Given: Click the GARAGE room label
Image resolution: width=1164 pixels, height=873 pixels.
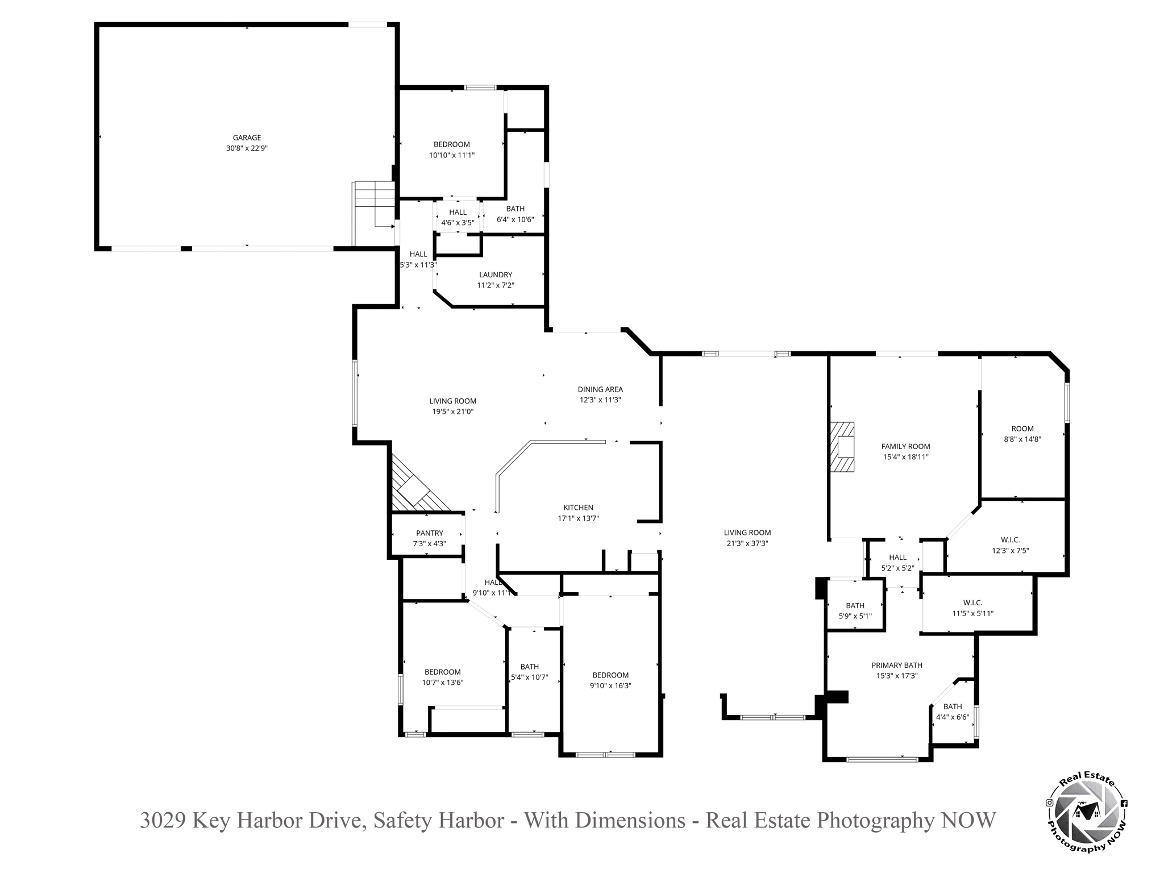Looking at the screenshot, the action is coord(247,138).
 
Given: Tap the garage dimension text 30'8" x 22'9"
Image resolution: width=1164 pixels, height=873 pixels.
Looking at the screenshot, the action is coord(247,148).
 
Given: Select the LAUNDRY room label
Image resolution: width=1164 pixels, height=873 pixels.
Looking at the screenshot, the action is coord(496,275).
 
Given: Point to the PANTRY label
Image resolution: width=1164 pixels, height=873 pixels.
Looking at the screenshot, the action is coord(430,533).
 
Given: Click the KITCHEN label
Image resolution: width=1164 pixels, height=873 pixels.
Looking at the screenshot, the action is coord(578,508).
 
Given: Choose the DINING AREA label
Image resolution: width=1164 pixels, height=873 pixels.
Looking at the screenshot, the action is coord(600,389).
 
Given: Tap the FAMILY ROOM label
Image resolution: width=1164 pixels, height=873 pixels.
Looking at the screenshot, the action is coord(905,447).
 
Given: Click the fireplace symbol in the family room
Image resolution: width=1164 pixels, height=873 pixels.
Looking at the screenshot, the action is coord(842,447).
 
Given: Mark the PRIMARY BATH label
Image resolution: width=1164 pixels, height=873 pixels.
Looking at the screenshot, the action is coord(897,666).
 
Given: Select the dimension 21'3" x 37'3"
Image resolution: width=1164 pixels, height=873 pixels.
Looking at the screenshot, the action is coord(747,543).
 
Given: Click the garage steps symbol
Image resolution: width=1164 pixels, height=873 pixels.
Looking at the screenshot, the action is coord(374,214).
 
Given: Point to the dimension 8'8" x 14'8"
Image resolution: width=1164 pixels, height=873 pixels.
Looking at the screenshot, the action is coord(1022,439).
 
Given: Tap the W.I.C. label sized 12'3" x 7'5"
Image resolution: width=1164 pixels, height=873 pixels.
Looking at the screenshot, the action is coord(1011,540).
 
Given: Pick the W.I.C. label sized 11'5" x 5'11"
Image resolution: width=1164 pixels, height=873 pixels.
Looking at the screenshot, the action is coord(972,603).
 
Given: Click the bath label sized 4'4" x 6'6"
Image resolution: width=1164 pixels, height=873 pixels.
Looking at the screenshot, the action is coord(953,707).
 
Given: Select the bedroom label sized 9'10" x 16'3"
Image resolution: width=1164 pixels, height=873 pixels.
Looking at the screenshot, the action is coord(610,675).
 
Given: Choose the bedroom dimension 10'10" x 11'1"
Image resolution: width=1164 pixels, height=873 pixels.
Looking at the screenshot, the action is coord(452,155).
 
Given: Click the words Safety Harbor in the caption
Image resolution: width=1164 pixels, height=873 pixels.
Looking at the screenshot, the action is coord(439,820).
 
